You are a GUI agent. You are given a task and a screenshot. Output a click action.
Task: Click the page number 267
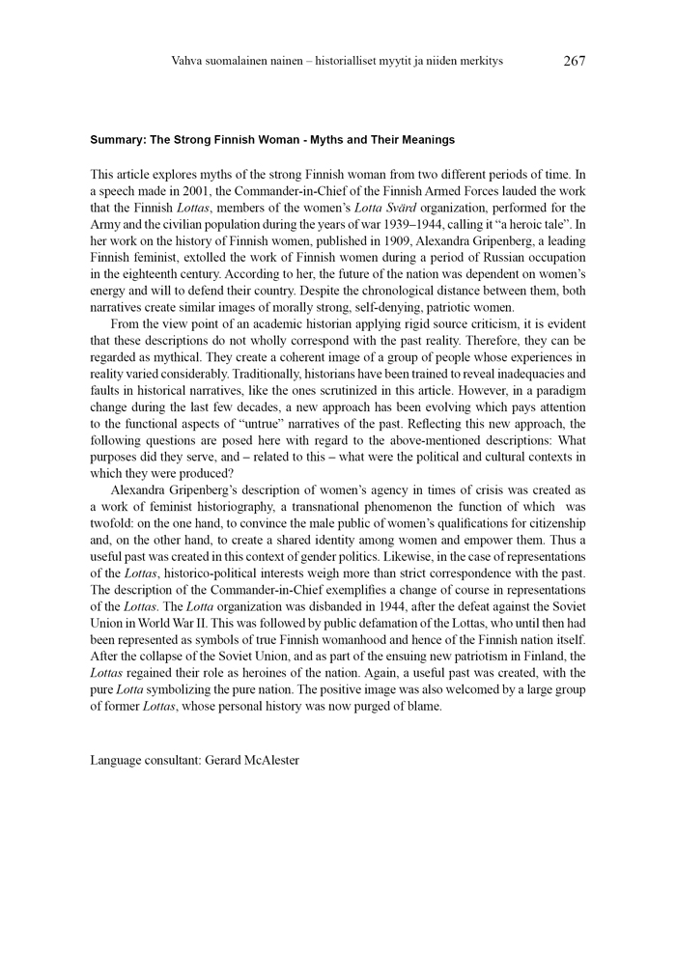[x=574, y=61]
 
